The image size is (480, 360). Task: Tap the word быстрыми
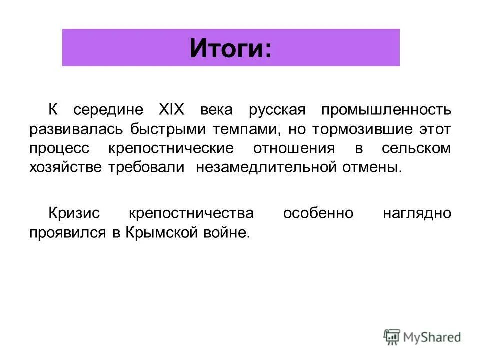[162, 129]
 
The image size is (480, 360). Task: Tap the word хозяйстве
[66, 167]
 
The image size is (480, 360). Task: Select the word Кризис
[74, 213]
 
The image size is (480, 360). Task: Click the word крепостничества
[191, 213]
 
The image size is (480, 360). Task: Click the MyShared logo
[422, 336]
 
